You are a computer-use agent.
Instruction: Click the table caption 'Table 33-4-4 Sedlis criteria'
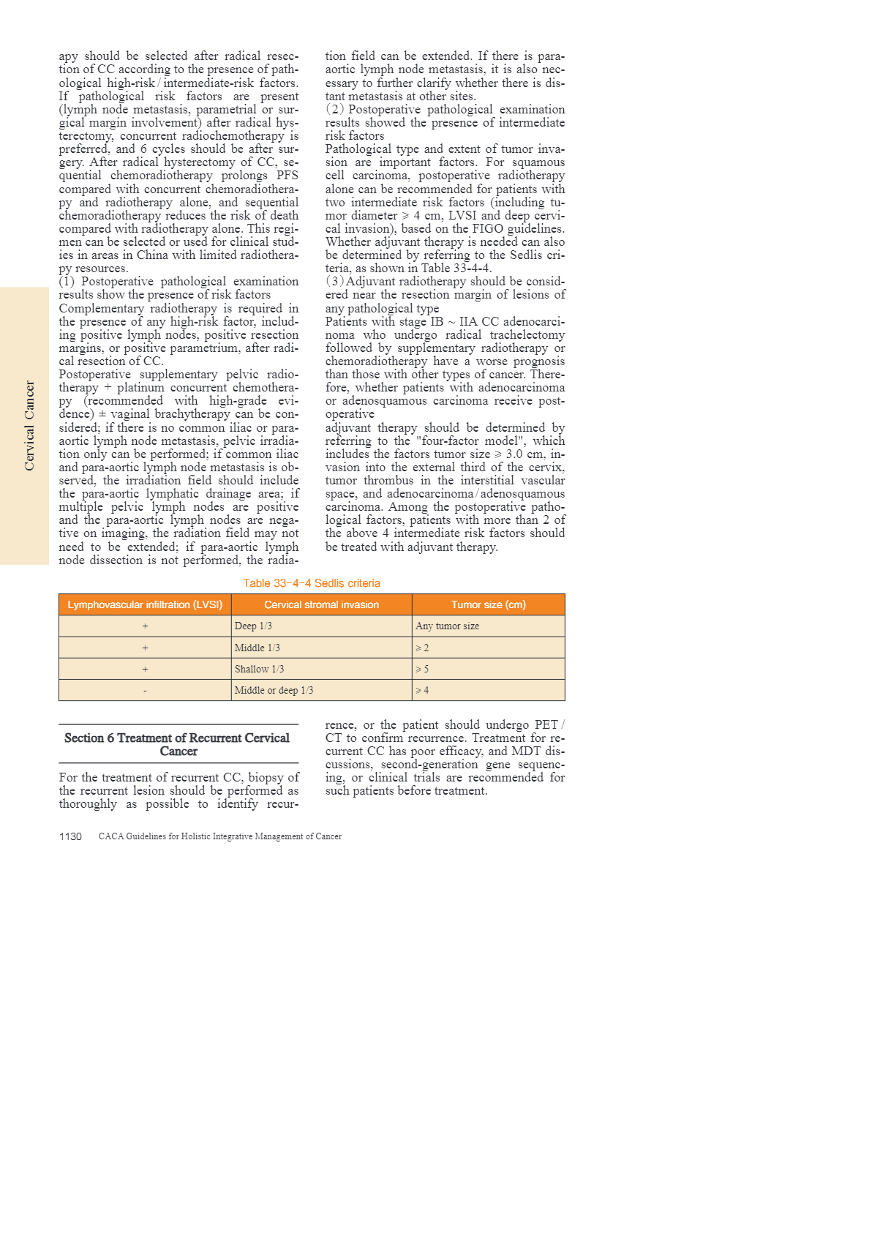click(x=312, y=583)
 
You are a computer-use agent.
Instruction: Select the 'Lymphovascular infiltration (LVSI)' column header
click(x=145, y=604)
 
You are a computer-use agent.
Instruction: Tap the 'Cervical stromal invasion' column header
click(x=321, y=604)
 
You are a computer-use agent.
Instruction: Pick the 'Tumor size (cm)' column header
click(x=488, y=604)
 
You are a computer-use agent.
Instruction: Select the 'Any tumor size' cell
click(x=447, y=626)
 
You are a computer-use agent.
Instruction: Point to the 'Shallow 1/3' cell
click(x=259, y=669)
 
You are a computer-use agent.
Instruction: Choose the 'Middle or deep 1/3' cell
click(x=274, y=690)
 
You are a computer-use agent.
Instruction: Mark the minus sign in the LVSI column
click(x=145, y=691)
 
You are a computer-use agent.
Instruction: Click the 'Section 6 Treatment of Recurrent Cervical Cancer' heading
click(x=178, y=744)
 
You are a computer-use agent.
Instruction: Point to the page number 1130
click(x=70, y=836)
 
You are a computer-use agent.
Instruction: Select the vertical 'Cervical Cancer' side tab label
click(x=29, y=426)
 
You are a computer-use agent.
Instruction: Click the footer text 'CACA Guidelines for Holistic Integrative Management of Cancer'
click(x=220, y=836)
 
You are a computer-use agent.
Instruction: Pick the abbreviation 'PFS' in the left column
click(x=287, y=176)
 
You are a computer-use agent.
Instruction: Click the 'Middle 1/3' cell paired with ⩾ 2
click(x=257, y=648)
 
